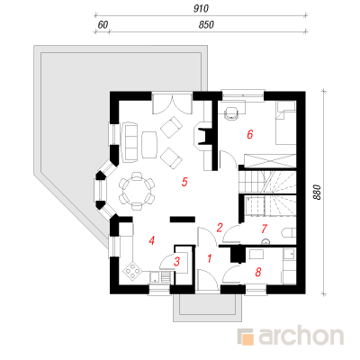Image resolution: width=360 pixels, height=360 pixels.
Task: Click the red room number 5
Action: click(x=184, y=182)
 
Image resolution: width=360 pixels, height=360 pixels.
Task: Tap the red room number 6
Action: click(x=250, y=134)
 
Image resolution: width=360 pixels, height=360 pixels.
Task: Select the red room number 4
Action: click(x=152, y=240)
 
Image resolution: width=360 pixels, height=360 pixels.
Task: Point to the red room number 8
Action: click(x=257, y=272)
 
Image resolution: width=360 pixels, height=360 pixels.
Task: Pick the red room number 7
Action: click(x=264, y=229)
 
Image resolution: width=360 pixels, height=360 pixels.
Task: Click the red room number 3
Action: click(x=176, y=262)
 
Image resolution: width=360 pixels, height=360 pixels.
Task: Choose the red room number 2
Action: click(x=220, y=228)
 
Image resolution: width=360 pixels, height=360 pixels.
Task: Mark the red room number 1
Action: click(x=210, y=258)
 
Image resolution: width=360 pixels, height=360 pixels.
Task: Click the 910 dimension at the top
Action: click(x=201, y=9)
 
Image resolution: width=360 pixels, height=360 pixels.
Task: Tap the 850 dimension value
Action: click(x=206, y=24)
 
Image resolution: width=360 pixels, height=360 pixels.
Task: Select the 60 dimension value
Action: click(x=103, y=24)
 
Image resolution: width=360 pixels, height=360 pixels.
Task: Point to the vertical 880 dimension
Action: click(x=317, y=193)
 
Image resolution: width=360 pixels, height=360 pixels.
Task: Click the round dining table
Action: click(x=137, y=191)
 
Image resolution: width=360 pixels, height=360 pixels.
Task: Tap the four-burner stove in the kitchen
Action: click(x=132, y=270)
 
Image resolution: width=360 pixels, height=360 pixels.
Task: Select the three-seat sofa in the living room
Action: click(x=129, y=142)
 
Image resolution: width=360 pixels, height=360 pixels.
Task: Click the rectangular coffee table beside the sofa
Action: click(x=149, y=145)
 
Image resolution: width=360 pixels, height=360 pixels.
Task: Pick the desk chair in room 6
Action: click(x=231, y=112)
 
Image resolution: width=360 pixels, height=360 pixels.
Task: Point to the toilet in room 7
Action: click(x=289, y=233)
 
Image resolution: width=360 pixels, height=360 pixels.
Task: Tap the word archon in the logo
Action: click(x=301, y=336)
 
